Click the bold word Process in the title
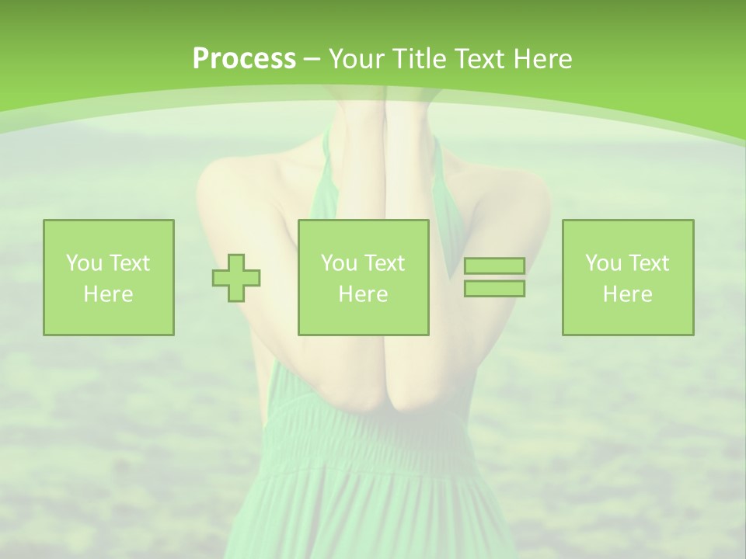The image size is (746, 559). [x=244, y=59]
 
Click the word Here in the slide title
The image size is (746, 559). [x=544, y=59]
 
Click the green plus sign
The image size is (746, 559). [x=236, y=278]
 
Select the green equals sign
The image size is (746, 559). [x=494, y=277]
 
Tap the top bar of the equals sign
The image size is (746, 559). [x=494, y=266]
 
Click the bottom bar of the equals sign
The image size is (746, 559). [x=494, y=288]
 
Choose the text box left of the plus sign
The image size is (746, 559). [x=109, y=277]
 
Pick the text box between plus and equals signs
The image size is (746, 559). [x=363, y=277]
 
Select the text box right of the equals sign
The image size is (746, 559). [x=628, y=277]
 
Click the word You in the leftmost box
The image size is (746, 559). [x=83, y=263]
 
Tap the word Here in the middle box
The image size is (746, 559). [x=363, y=294]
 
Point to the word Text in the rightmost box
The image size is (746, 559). [x=648, y=263]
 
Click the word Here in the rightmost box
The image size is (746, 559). [x=628, y=294]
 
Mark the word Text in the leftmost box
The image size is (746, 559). [x=129, y=263]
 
